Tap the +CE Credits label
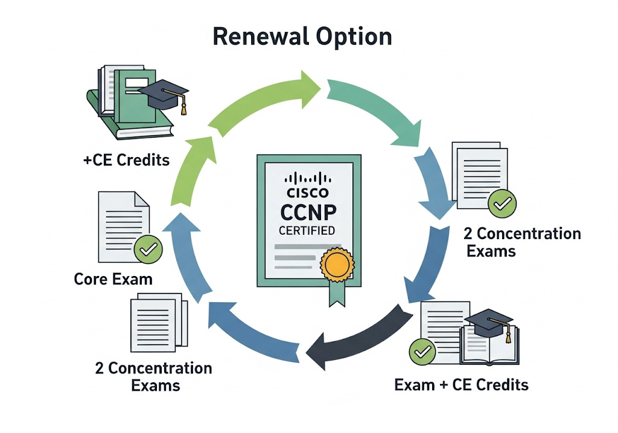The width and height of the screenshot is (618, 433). point(126,161)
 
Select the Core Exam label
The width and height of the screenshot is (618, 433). point(113,279)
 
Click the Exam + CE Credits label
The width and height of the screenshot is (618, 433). point(461,384)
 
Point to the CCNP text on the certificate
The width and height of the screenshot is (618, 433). point(307,213)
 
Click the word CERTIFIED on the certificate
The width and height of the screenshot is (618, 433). point(307,231)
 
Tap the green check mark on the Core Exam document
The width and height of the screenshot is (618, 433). point(147,249)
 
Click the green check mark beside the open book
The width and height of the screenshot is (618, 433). point(421,351)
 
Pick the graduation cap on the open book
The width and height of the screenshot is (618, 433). point(492,321)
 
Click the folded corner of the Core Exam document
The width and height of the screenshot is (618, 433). point(143,199)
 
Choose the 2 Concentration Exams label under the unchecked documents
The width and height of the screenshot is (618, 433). point(153,376)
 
